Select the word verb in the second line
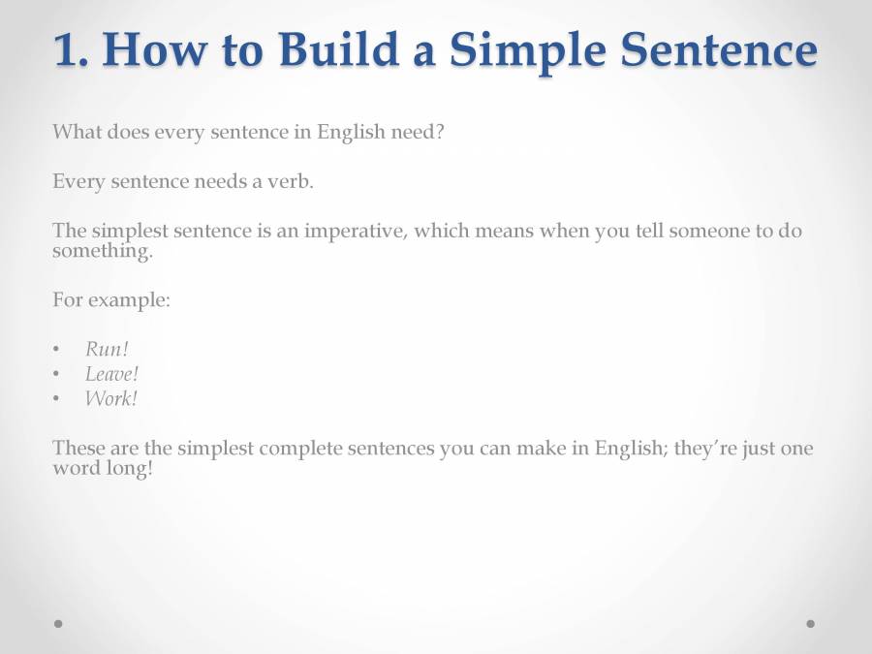(292, 182)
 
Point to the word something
(102, 251)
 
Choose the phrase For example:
(111, 299)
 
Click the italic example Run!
(107, 350)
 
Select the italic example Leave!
(111, 374)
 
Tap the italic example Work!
(110, 398)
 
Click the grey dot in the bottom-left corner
(58, 624)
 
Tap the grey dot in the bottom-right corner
(810, 624)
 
